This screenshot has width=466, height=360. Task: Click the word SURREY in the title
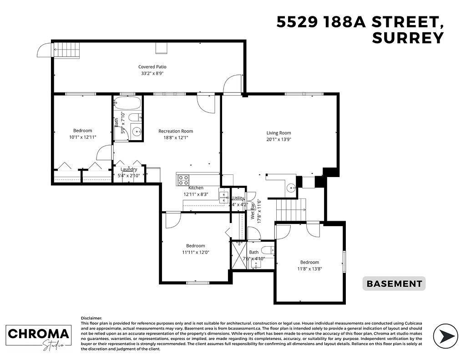[x=407, y=38]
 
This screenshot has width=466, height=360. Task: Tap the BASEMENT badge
[x=394, y=284]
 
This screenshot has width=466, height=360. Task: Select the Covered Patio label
[x=152, y=67]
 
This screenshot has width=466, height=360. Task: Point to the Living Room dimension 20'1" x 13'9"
[x=279, y=140]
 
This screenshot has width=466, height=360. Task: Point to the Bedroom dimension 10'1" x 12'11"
[x=82, y=137]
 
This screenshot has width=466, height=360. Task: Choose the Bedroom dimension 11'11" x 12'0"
[x=195, y=252]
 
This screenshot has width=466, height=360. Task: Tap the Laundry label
[x=129, y=169]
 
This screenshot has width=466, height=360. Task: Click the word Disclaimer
[x=91, y=318]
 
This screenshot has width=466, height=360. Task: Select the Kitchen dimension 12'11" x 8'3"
[x=196, y=194]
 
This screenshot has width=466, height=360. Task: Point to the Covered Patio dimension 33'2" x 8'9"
[x=152, y=73]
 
